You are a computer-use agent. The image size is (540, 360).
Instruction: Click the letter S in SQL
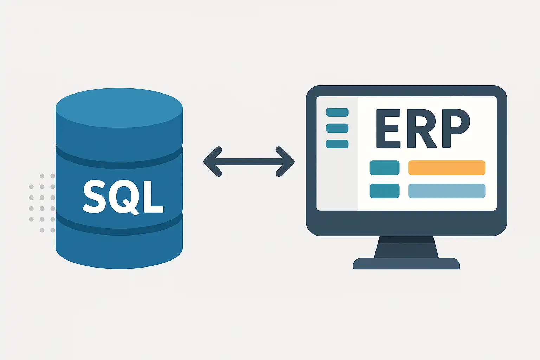pyautogui.click(x=94, y=197)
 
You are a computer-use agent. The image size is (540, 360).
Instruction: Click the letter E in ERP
pyautogui.click(x=388, y=128)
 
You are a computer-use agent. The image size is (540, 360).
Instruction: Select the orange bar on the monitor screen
pyautogui.click(x=446, y=168)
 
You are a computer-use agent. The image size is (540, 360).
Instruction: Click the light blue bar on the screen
pyautogui.click(x=446, y=191)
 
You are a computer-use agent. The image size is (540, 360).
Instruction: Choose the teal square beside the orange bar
pyautogui.click(x=384, y=168)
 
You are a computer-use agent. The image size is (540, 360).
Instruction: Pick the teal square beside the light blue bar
pyautogui.click(x=384, y=191)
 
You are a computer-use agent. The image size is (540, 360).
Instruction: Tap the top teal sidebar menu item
pyautogui.click(x=337, y=112)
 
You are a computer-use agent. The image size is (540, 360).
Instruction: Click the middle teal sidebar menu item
pyautogui.click(x=337, y=128)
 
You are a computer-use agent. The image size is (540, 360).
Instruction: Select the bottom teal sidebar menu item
pyautogui.click(x=337, y=144)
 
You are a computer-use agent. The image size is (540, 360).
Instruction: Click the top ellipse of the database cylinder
pyautogui.click(x=119, y=107)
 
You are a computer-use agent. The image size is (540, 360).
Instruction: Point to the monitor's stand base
pyautogui.click(x=406, y=264)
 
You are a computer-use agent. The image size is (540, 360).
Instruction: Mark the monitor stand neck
pyautogui.click(x=406, y=247)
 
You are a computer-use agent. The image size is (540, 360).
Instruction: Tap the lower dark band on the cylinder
pyautogui.click(x=119, y=227)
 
